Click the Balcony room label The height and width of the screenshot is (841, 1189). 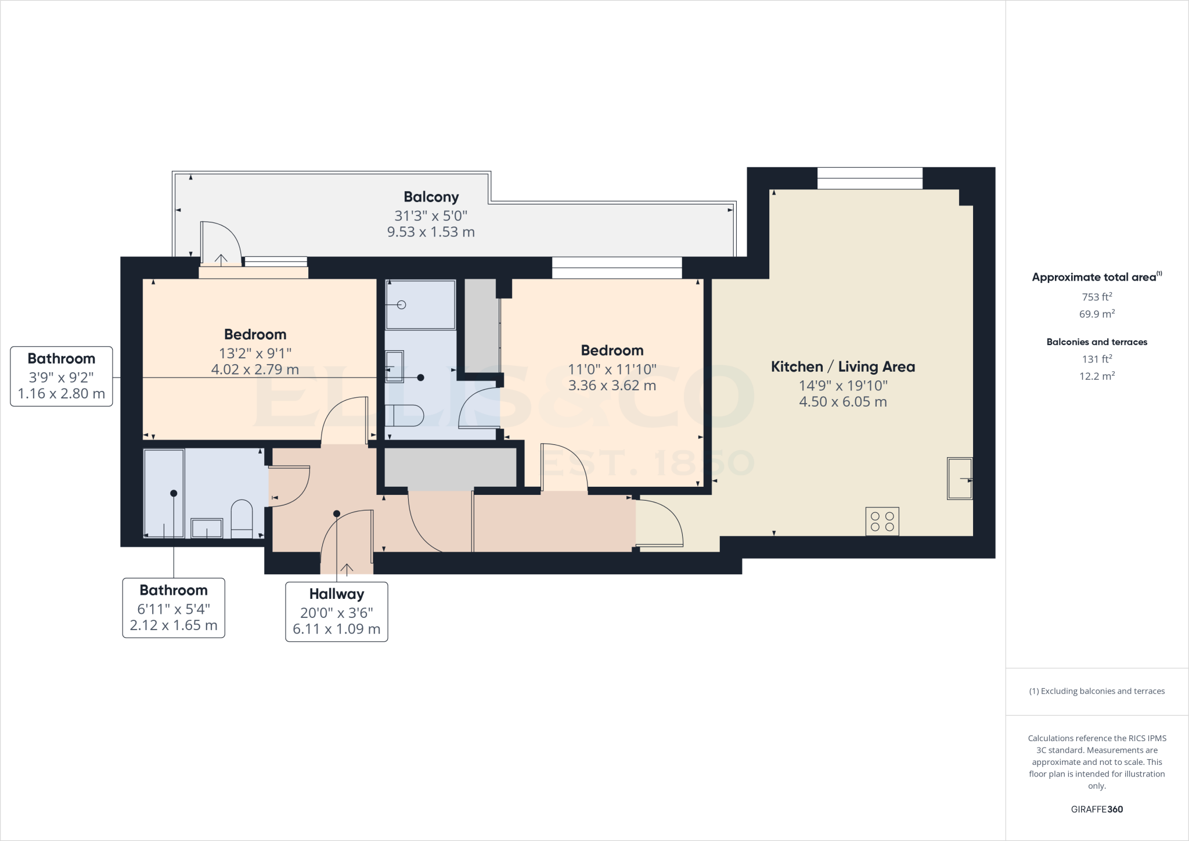431,197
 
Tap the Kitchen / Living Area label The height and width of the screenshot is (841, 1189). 842,366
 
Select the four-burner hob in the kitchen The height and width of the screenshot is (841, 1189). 882,521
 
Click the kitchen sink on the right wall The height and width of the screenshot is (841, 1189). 959,479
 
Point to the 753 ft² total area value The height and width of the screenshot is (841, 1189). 1096,297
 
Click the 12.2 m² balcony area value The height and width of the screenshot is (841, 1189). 1096,376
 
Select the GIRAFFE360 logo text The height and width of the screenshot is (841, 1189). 1096,809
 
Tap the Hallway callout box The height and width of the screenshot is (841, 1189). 336,612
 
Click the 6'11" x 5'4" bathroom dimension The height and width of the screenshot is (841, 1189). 173,609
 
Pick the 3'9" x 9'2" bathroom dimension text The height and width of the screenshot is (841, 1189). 61,376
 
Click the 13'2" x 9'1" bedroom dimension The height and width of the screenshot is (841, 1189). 255,353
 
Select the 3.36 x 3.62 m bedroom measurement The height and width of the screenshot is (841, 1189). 612,385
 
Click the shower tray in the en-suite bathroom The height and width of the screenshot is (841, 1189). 420,304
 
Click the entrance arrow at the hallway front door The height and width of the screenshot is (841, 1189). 347,568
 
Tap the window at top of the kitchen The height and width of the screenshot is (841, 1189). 869,178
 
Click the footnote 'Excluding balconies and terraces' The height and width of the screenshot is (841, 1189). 1096,691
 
